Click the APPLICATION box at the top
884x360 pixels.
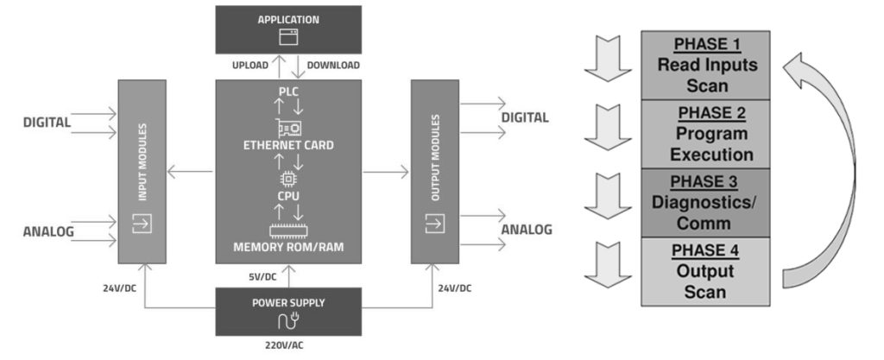click(288, 28)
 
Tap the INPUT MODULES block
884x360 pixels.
click(141, 171)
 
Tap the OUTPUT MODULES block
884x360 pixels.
click(434, 171)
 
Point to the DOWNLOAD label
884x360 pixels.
click(333, 65)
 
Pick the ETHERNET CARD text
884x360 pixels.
click(288, 146)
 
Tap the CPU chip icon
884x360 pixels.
click(288, 179)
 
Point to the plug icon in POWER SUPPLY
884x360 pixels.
click(288, 323)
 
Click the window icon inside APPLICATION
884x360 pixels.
click(288, 37)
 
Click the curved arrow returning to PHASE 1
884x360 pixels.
click(829, 164)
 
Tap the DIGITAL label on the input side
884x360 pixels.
click(47, 123)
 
